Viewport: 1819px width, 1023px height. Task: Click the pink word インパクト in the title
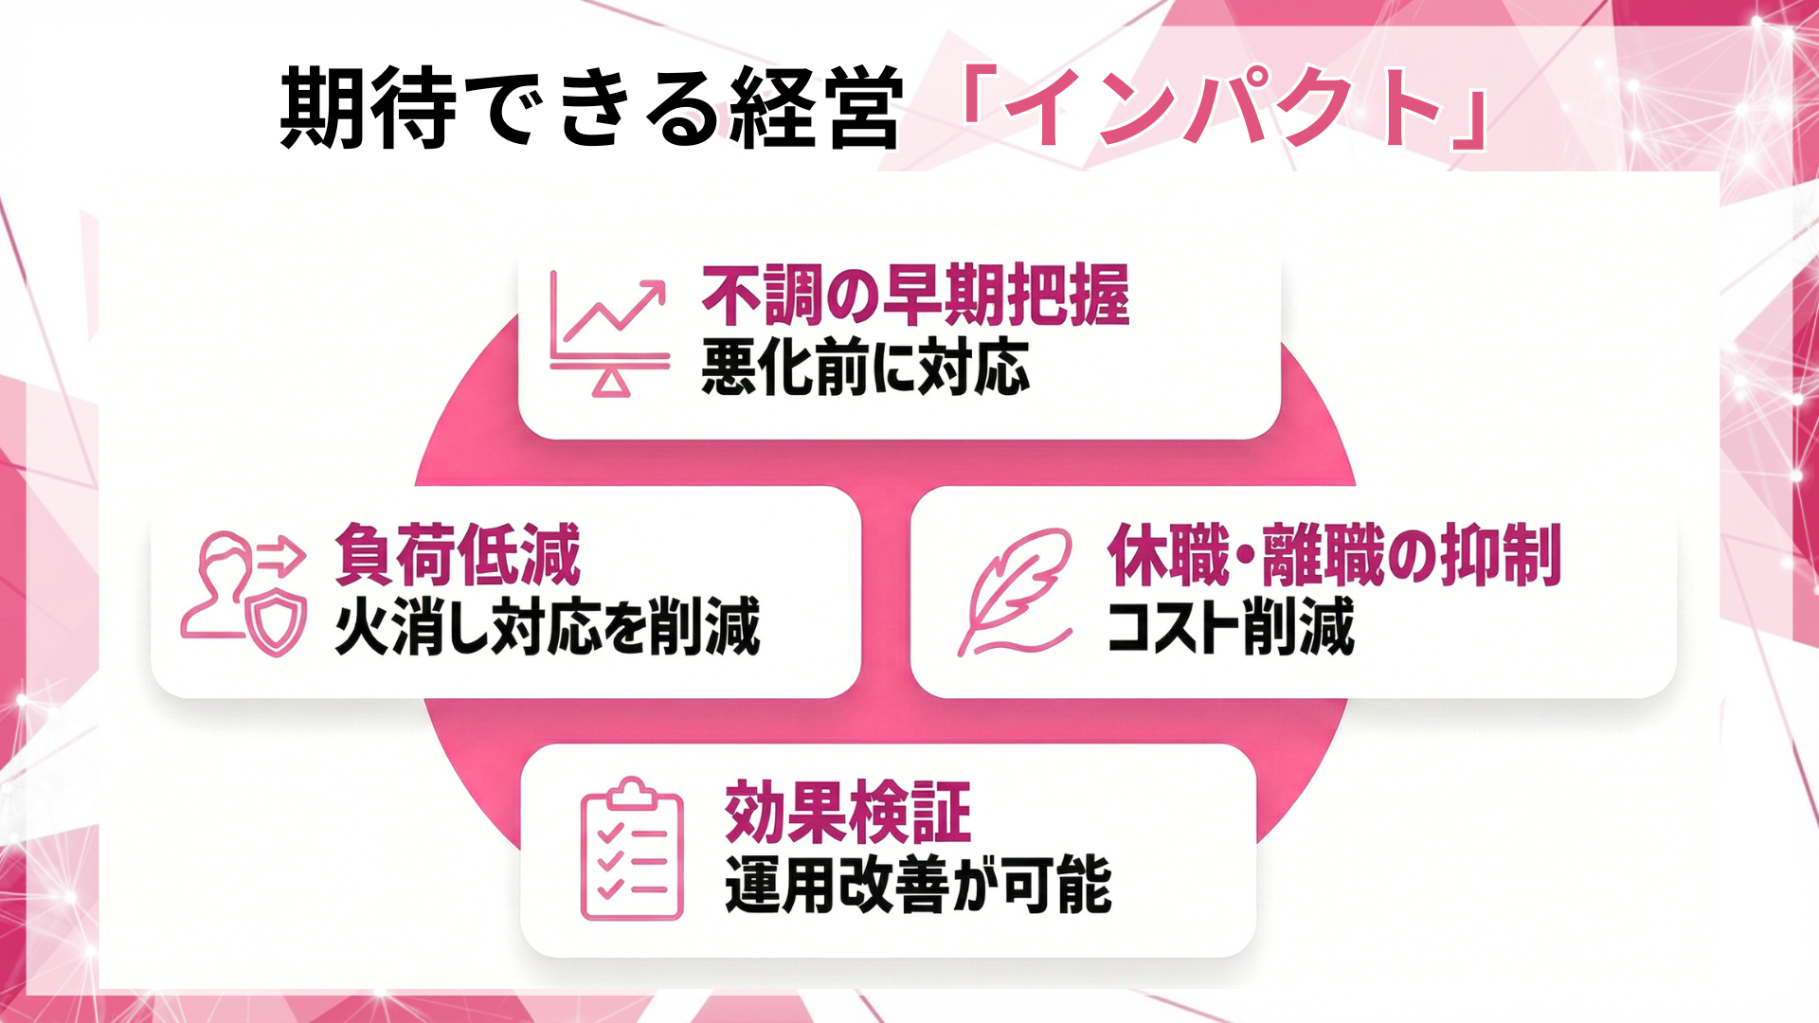click(1222, 108)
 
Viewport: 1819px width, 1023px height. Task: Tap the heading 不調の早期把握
click(915, 296)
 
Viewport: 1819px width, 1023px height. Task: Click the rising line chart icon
click(610, 332)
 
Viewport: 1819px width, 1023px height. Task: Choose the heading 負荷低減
click(457, 556)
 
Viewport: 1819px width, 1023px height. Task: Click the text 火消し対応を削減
click(548, 626)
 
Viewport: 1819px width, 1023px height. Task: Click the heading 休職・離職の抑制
click(1334, 556)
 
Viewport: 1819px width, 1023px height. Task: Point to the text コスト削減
click(1231, 627)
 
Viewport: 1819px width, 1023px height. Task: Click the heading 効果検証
click(848, 813)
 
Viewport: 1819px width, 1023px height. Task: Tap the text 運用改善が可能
click(918, 885)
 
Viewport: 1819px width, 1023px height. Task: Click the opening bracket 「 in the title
click(976, 95)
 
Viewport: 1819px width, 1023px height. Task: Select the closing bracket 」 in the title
click(1469, 123)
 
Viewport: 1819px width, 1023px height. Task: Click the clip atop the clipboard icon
click(632, 792)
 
